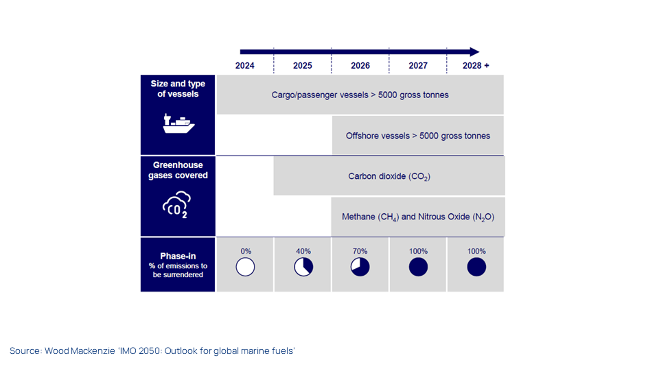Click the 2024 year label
tap(245, 65)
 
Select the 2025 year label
tap(302, 65)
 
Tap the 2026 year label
tap(360, 65)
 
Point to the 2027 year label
tap(418, 65)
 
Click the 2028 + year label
tap(476, 65)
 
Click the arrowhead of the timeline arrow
tap(474, 52)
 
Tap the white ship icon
tap(179, 124)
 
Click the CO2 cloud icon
tap(177, 205)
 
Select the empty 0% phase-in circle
tap(245, 267)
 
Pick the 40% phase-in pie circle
tap(304, 267)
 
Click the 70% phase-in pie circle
tap(360, 267)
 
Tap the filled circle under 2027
tap(418, 267)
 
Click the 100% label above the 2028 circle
tap(476, 251)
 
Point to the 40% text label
tap(303, 251)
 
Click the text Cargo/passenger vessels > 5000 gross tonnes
tap(360, 95)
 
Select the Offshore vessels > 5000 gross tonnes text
tap(418, 136)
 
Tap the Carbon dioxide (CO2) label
tap(389, 177)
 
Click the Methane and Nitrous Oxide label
tap(418, 217)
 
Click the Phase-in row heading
tap(178, 256)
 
